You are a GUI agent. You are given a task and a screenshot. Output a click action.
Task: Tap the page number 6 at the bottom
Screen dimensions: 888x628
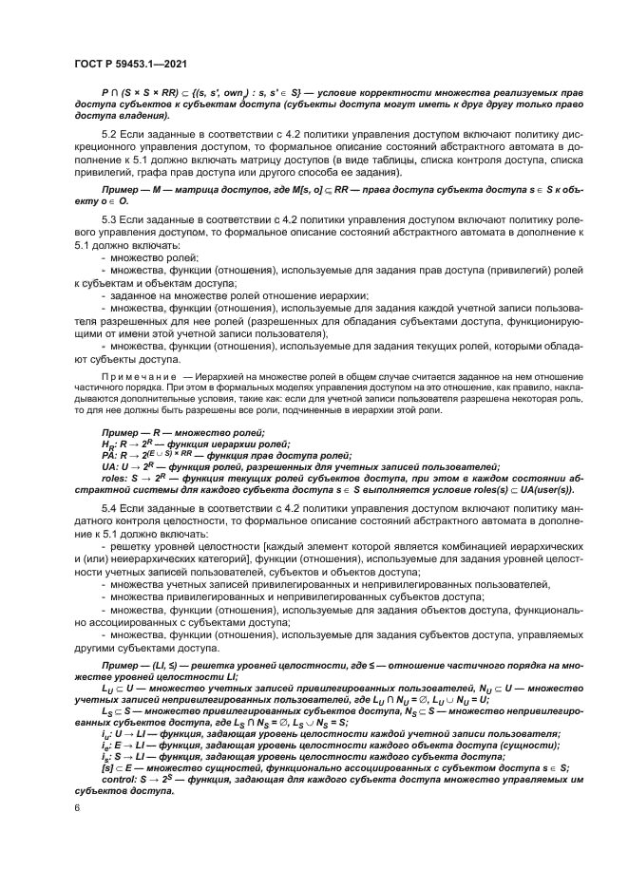click(77, 807)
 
